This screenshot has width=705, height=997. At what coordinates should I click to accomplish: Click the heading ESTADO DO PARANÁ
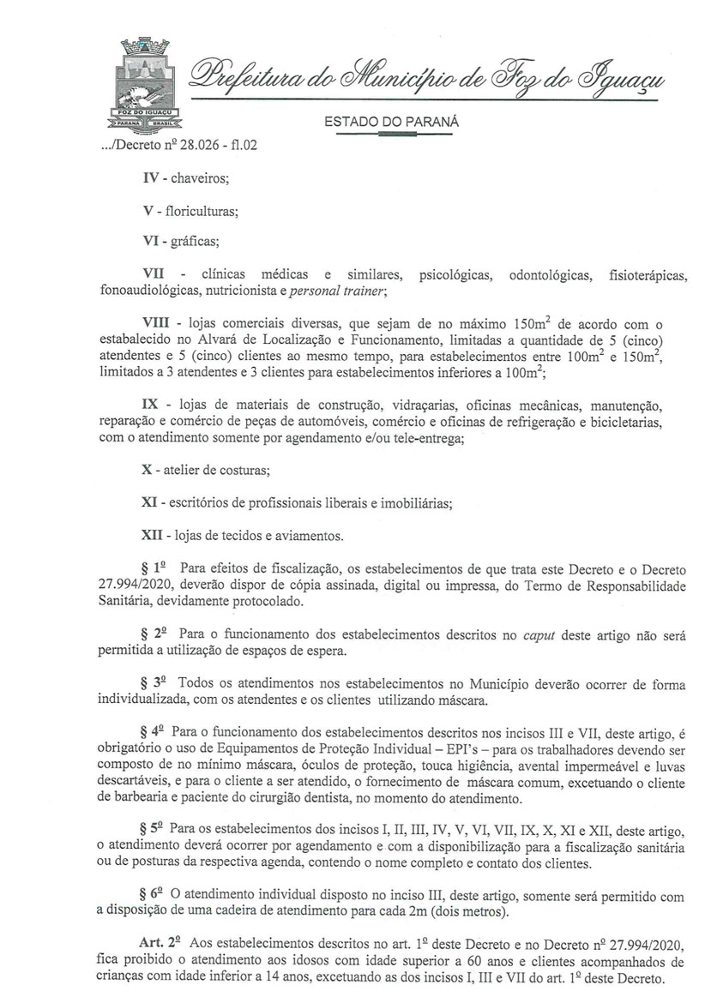click(x=392, y=123)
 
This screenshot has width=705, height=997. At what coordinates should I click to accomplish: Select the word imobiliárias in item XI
click(x=415, y=502)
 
